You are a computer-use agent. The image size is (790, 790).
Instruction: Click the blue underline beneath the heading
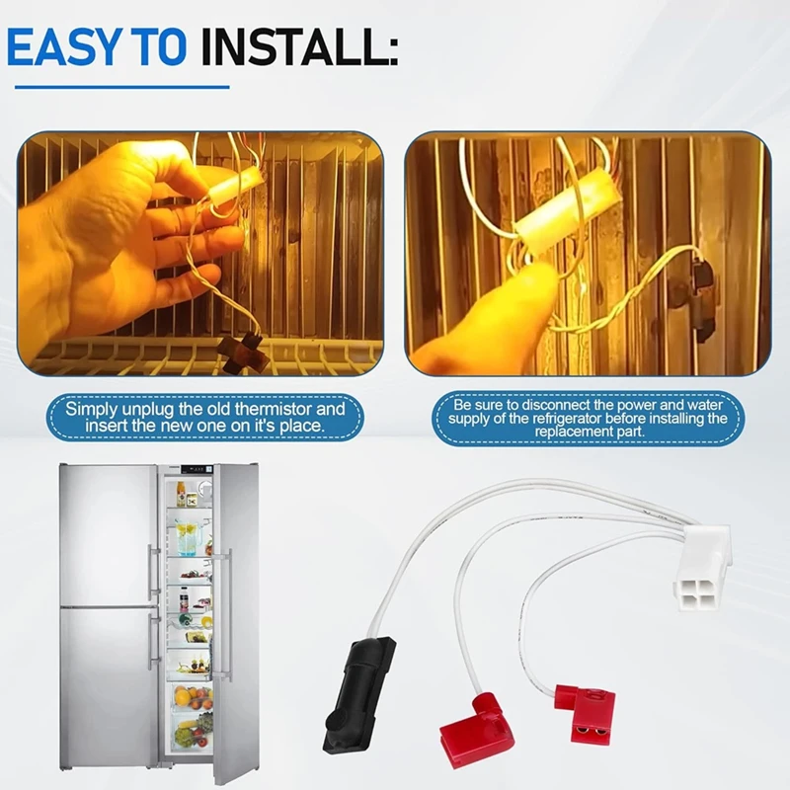click(121, 87)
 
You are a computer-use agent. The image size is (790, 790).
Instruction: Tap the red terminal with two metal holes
click(586, 712)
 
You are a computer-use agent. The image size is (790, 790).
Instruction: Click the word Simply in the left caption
click(85, 410)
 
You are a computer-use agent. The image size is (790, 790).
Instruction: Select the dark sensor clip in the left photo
click(240, 351)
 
